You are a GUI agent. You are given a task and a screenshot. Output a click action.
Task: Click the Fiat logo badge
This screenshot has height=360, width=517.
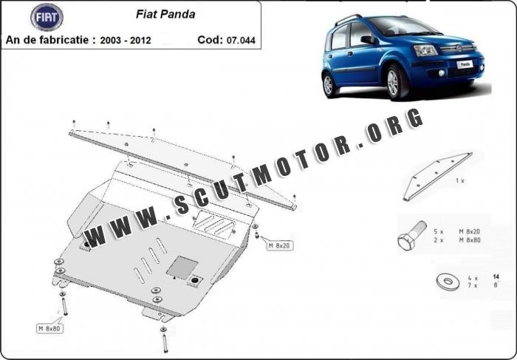[47, 17]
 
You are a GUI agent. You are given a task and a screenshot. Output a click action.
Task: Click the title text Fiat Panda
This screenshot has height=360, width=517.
[165, 14]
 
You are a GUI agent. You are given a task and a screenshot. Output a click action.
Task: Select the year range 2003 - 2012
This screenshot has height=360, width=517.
[126, 40]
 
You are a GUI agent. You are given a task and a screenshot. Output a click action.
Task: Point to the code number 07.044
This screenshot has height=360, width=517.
[241, 40]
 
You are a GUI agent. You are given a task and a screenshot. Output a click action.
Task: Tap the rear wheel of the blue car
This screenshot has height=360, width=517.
[329, 84]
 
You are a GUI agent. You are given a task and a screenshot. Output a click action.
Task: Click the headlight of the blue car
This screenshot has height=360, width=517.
[425, 50]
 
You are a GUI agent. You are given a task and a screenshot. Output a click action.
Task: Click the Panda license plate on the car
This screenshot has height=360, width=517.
[465, 64]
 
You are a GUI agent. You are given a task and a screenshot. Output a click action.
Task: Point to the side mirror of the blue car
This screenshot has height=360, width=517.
[368, 40]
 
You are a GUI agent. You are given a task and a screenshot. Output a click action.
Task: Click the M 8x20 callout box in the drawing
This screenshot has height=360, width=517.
[280, 245]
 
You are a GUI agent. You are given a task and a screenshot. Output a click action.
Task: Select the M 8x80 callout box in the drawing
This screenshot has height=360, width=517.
[49, 328]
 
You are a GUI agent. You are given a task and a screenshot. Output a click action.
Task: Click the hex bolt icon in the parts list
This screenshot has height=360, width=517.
[411, 236]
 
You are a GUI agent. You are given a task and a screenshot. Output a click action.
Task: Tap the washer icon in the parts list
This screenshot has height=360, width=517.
[448, 282]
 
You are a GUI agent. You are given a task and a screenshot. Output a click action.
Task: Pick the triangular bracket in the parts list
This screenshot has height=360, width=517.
[437, 177]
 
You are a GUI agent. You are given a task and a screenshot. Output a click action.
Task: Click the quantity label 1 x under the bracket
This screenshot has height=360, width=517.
[460, 180]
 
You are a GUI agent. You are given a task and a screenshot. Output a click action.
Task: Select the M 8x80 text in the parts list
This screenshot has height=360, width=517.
[470, 240]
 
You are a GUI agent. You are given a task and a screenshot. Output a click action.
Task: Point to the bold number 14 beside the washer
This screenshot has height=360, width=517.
[496, 277]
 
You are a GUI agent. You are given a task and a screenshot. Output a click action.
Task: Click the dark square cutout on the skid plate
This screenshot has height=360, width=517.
[182, 267]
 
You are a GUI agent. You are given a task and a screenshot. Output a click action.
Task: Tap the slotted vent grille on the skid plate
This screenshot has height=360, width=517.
[213, 225]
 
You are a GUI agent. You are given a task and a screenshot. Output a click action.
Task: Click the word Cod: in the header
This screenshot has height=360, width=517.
[210, 40]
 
